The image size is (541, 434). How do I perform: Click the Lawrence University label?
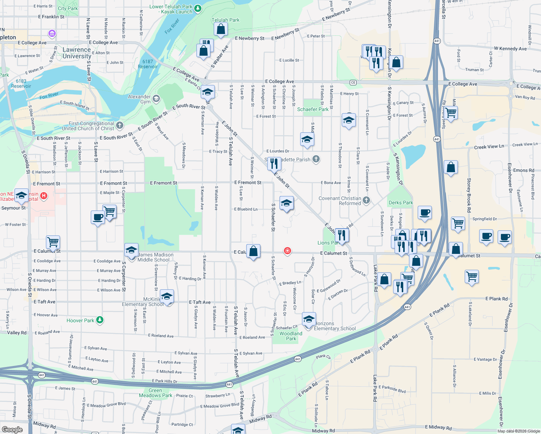pyautogui.click(x=77, y=53)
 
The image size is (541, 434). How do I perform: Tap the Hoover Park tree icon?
pyautogui.click(x=100, y=320)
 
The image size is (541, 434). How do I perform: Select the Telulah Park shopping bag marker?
pyautogui.click(x=221, y=30)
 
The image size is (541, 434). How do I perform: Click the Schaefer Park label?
pyautogui.click(x=313, y=109)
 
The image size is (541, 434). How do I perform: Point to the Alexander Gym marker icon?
pyautogui.click(x=156, y=98)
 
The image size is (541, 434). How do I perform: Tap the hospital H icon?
pyautogui.click(x=44, y=196)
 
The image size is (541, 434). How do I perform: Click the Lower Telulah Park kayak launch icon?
pyautogui.click(x=197, y=8)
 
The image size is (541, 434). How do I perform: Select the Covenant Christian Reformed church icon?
pyautogui.click(x=366, y=200)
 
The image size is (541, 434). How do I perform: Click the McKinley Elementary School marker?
pyautogui.click(x=167, y=297)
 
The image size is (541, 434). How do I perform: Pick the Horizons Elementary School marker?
pyautogui.click(x=309, y=320)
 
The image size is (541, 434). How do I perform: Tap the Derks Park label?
pyautogui.click(x=401, y=203)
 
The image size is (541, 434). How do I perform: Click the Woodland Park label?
pyautogui.click(x=291, y=336)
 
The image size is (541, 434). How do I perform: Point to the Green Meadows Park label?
pyautogui.click(x=156, y=393)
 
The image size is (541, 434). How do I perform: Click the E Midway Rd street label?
pyautogui.click(x=438, y=427)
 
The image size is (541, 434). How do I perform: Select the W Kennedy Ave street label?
pyautogui.click(x=510, y=48)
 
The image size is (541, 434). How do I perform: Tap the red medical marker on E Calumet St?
pyautogui.click(x=287, y=251)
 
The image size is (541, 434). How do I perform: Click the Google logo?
pyautogui.click(x=12, y=429)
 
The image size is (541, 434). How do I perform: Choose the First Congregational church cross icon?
pyautogui.click(x=120, y=125)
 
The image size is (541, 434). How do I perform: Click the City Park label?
pyautogui.click(x=68, y=8)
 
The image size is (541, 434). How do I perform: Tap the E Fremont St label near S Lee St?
pyautogui.click(x=248, y=183)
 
